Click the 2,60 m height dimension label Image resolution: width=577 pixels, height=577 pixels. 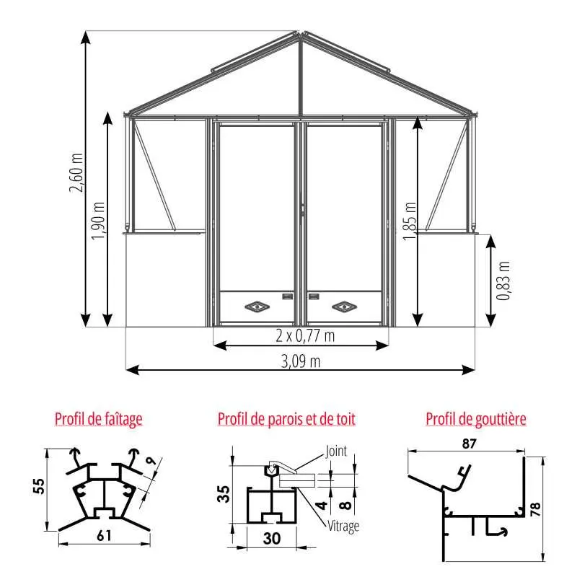(x=76, y=172)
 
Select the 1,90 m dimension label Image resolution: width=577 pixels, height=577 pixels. (x=98, y=221)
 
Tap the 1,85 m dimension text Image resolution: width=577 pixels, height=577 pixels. (x=409, y=221)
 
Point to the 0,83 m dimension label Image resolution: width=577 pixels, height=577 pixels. (x=503, y=281)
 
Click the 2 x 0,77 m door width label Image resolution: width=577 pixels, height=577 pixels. (x=305, y=335)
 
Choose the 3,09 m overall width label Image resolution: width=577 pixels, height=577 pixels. (x=301, y=361)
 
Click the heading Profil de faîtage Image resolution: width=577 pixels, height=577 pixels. (x=99, y=419)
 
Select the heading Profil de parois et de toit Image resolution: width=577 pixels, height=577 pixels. (x=286, y=419)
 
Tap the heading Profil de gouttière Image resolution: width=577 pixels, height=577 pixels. (x=476, y=419)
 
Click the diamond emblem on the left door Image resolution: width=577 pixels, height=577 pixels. (x=257, y=306)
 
